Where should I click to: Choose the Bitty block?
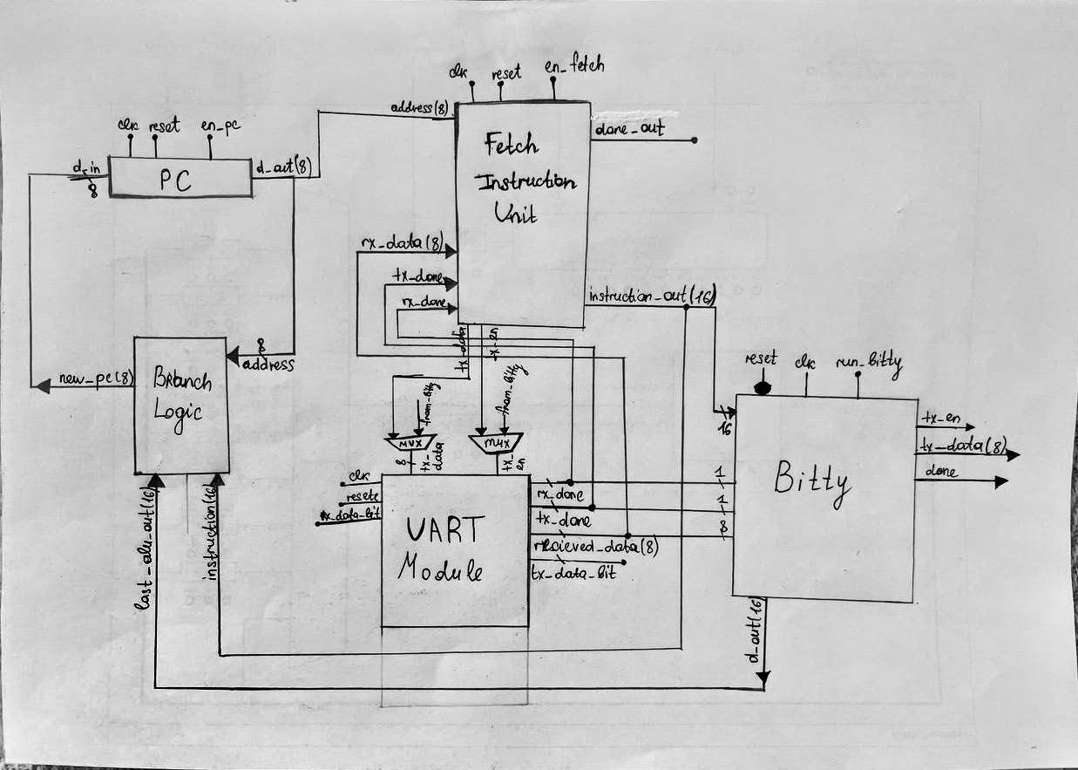tap(824, 497)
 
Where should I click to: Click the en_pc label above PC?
tap(220, 126)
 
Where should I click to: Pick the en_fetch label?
tap(573, 65)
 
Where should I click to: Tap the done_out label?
tap(629, 129)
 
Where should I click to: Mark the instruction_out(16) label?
tap(652, 296)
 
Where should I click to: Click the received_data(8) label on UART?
tap(596, 547)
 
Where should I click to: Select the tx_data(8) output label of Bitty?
tap(961, 446)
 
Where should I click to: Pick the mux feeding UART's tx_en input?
tap(495, 444)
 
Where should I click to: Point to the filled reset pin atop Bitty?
tap(763, 385)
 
